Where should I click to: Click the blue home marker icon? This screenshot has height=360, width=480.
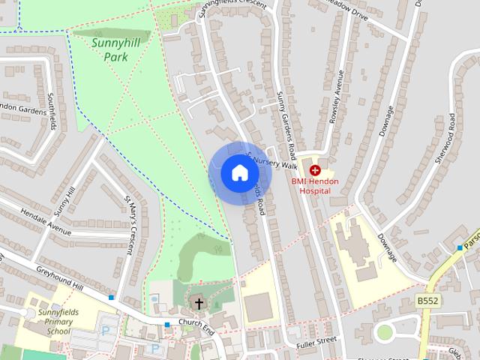coord(239,173)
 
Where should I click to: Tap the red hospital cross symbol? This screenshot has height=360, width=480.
coord(315,171)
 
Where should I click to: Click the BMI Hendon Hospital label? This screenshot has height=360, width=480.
coord(315,186)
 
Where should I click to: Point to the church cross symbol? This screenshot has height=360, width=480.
coord(199,304)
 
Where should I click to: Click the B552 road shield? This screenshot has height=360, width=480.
coord(427,301)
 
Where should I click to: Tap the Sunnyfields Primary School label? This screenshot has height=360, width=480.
coord(48,321)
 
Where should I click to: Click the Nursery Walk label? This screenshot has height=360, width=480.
coord(276,162)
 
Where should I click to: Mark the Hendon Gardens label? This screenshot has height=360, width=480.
coord(22,109)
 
